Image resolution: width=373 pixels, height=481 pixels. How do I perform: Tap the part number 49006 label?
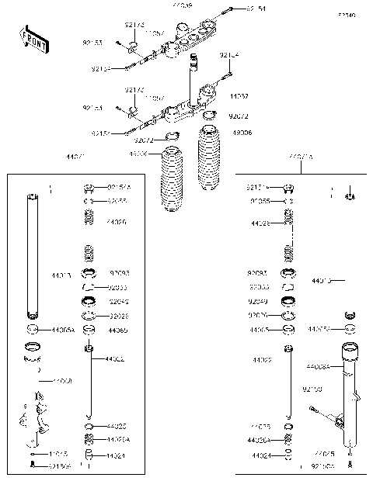(242, 133)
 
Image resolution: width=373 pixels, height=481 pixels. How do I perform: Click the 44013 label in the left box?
(61, 275)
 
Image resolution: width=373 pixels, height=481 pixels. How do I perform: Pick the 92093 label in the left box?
(120, 273)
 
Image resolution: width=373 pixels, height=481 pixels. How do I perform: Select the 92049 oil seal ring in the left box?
(89, 301)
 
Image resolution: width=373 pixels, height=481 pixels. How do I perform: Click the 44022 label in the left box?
(116, 359)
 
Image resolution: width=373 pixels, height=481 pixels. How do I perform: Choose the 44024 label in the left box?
(116, 455)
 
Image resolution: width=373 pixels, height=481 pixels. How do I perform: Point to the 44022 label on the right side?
(262, 361)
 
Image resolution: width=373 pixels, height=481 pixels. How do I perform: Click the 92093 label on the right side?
(258, 273)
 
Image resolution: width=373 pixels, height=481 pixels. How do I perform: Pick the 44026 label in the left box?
(117, 222)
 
